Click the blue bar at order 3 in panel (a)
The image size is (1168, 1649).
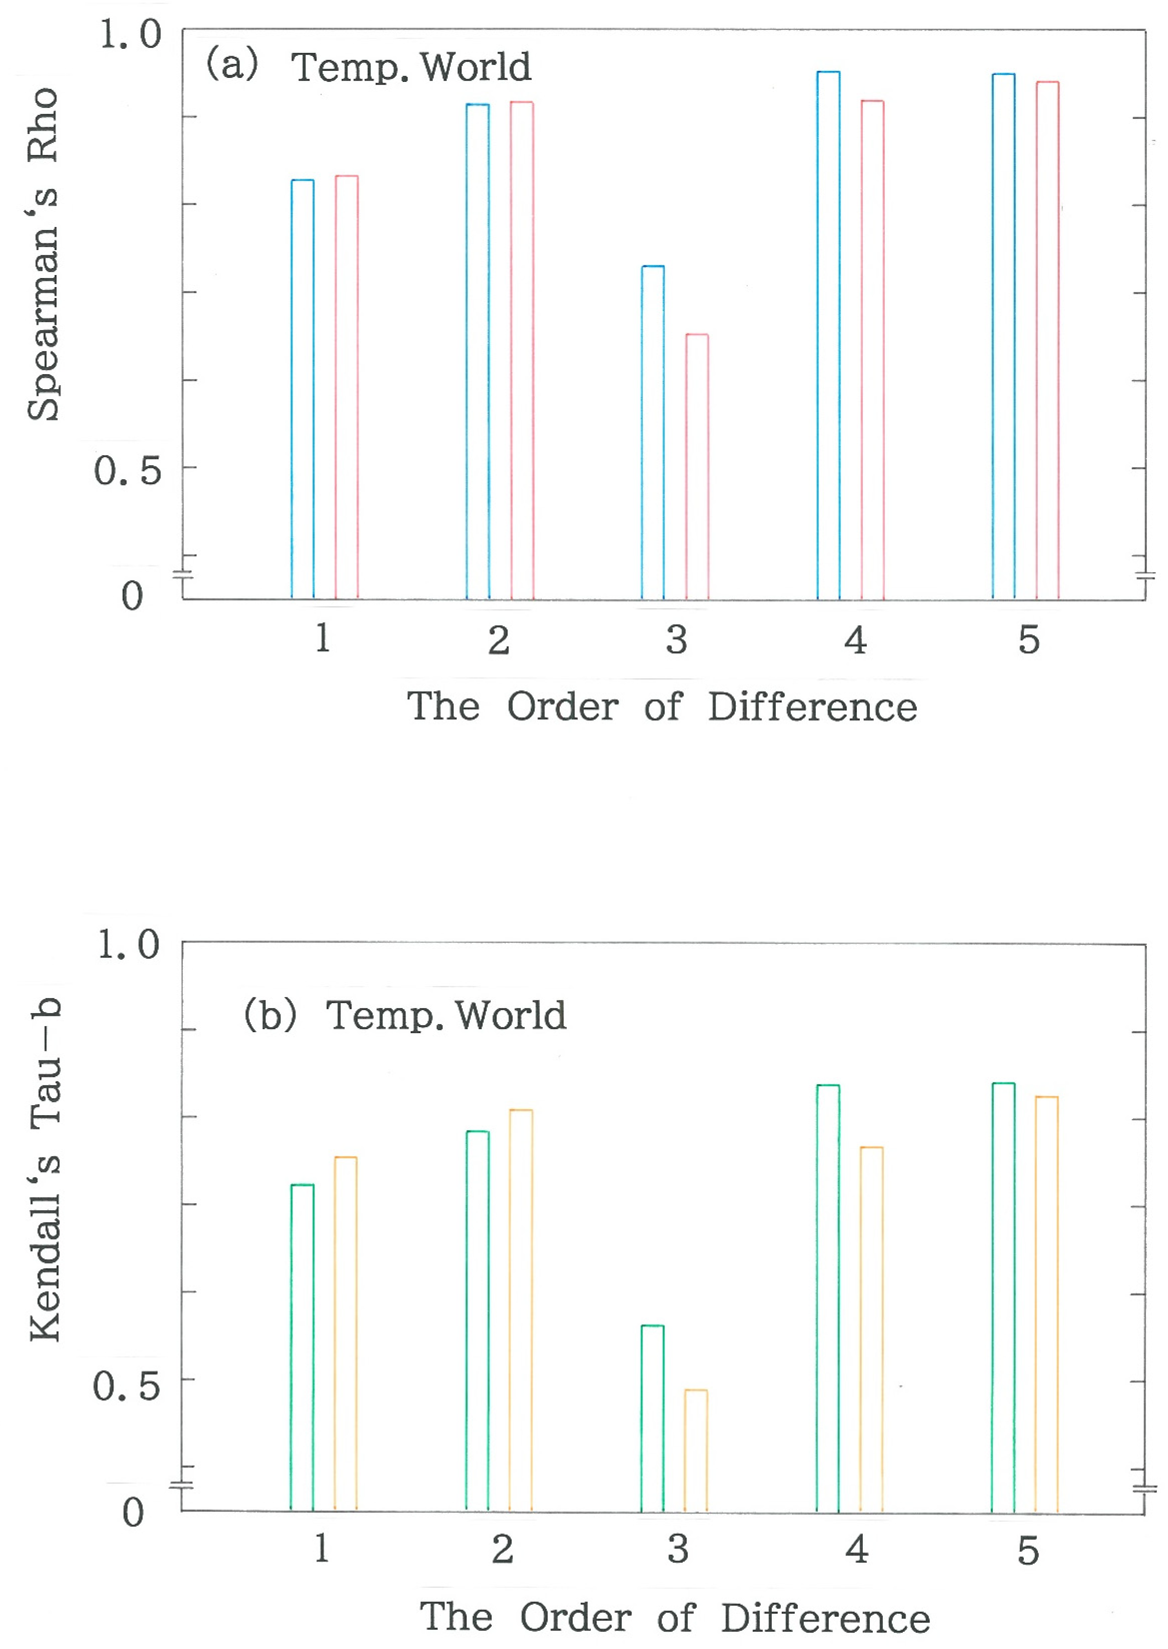click(x=652, y=432)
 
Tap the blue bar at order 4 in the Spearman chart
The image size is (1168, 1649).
click(x=828, y=334)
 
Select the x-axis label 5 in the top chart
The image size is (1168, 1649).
click(x=1029, y=640)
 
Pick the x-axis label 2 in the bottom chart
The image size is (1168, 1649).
click(x=502, y=1550)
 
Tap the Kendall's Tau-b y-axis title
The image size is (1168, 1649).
click(x=45, y=1169)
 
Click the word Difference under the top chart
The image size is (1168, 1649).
click(x=813, y=706)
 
